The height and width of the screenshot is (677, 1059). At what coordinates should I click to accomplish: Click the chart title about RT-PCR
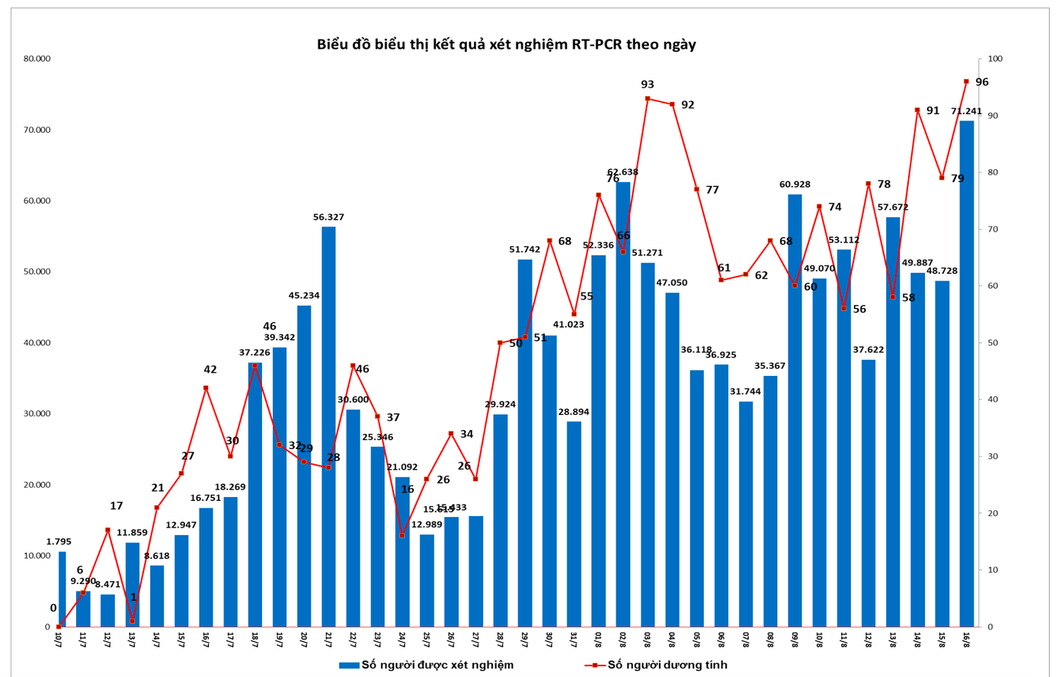pyautogui.click(x=506, y=44)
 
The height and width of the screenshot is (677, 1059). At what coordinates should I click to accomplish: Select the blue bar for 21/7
pyautogui.click(x=328, y=427)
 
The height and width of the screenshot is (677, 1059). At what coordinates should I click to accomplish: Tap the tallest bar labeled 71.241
pyautogui.click(x=966, y=374)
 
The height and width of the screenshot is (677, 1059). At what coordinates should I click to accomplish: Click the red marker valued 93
pyautogui.click(x=648, y=98)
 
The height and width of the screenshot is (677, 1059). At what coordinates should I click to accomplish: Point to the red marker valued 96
pyautogui.click(x=966, y=82)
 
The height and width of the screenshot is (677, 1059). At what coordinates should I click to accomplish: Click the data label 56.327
pyautogui.click(x=328, y=217)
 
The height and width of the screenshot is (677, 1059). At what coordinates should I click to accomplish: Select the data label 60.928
pyautogui.click(x=795, y=184)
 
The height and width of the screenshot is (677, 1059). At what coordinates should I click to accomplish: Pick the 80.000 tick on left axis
pyautogui.click(x=37, y=59)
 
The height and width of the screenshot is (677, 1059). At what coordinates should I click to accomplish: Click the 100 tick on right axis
pyautogui.click(x=995, y=59)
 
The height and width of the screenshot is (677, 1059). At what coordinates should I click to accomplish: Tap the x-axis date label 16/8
pyautogui.click(x=966, y=639)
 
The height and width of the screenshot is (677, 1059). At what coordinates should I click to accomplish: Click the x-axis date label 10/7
pyautogui.click(x=59, y=639)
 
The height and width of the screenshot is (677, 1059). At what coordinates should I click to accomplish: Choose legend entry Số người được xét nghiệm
pyautogui.click(x=427, y=665)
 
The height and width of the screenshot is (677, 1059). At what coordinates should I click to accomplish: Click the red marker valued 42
pyautogui.click(x=206, y=388)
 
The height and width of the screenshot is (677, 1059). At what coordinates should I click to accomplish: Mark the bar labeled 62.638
pyautogui.click(x=623, y=404)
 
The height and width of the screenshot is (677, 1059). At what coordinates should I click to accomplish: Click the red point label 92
pyautogui.click(x=687, y=105)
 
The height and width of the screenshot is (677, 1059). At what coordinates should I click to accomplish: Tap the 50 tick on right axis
pyautogui.click(x=993, y=343)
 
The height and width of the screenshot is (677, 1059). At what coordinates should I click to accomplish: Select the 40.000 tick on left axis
pyautogui.click(x=37, y=343)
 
